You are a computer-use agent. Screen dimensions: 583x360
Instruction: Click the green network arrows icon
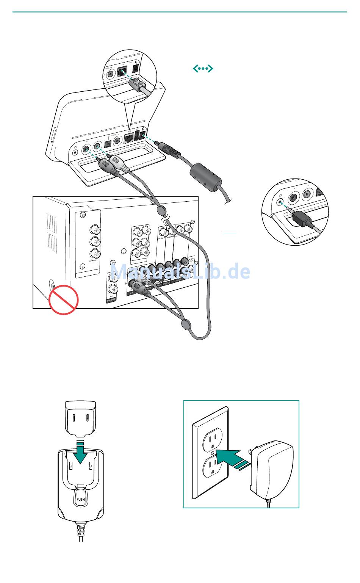[x=203, y=69]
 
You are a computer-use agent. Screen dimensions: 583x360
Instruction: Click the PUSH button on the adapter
[x=80, y=499]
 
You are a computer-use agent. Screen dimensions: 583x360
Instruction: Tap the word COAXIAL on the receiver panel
[x=93, y=260]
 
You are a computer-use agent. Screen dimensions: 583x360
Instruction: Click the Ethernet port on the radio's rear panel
[x=130, y=137]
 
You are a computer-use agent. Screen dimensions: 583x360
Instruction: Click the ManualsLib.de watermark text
[x=180, y=271]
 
